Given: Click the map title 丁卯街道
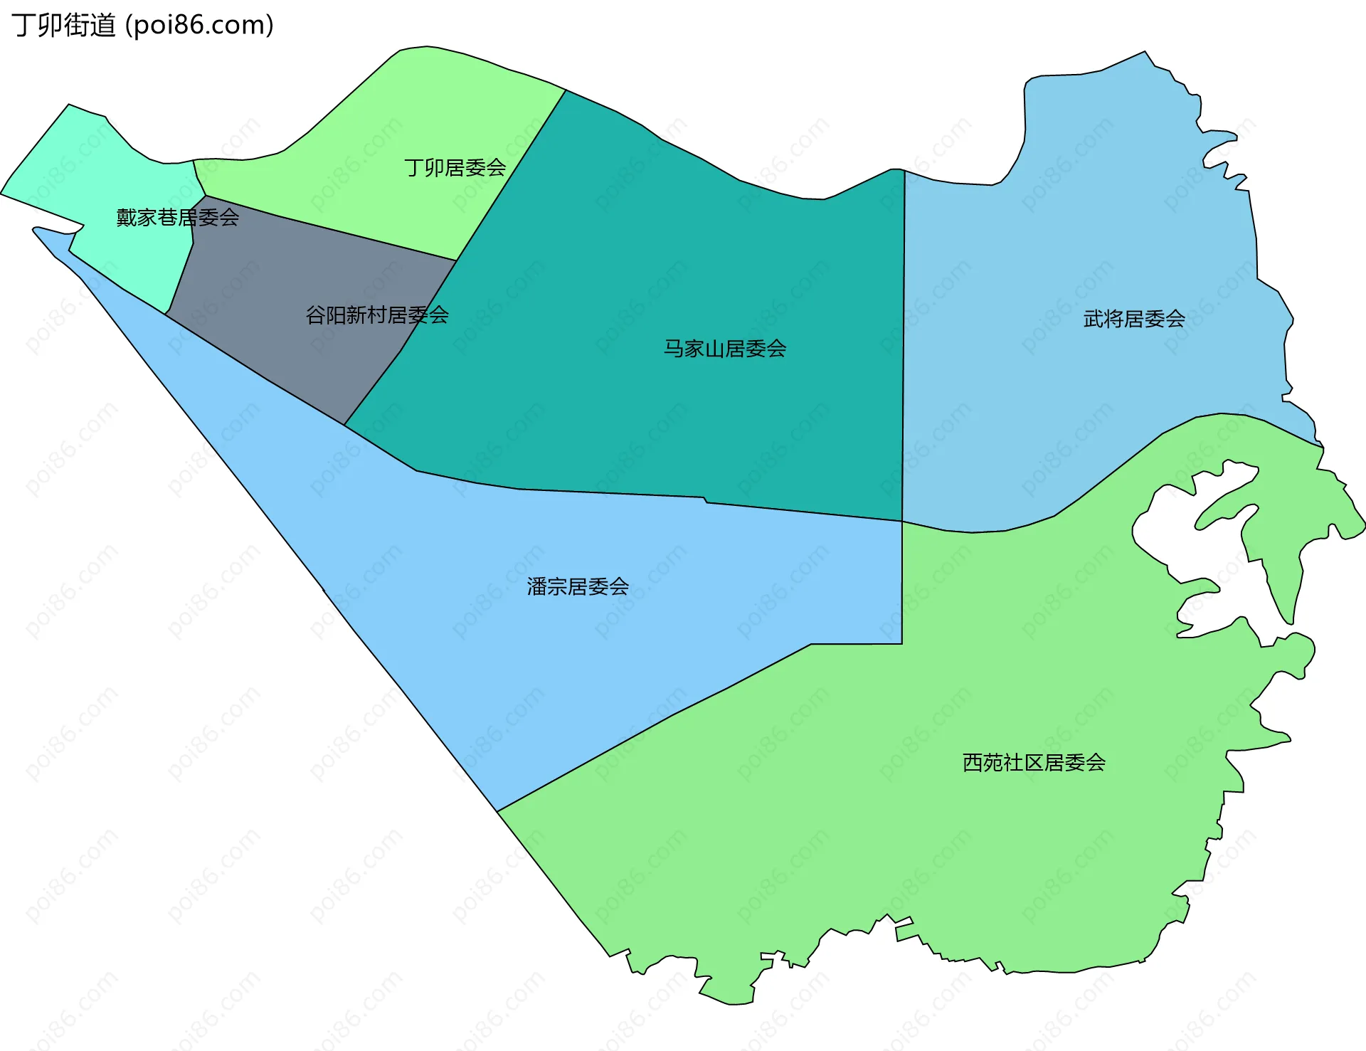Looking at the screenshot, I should (x=63, y=26).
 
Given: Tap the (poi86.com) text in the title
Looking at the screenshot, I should (x=199, y=26).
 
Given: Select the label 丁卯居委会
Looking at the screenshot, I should (x=455, y=168).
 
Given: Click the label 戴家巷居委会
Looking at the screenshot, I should (x=177, y=217).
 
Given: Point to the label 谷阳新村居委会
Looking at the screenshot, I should (x=376, y=315).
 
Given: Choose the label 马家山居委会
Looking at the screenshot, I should (x=724, y=349).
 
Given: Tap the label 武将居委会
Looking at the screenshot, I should (x=1133, y=319).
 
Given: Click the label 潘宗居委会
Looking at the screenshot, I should (x=578, y=586).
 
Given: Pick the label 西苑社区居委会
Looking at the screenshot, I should (x=1033, y=763).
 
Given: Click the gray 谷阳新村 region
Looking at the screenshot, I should (x=285, y=285).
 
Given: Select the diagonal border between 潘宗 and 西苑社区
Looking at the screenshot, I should (x=655, y=726).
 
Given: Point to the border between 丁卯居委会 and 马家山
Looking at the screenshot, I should (x=511, y=174).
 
